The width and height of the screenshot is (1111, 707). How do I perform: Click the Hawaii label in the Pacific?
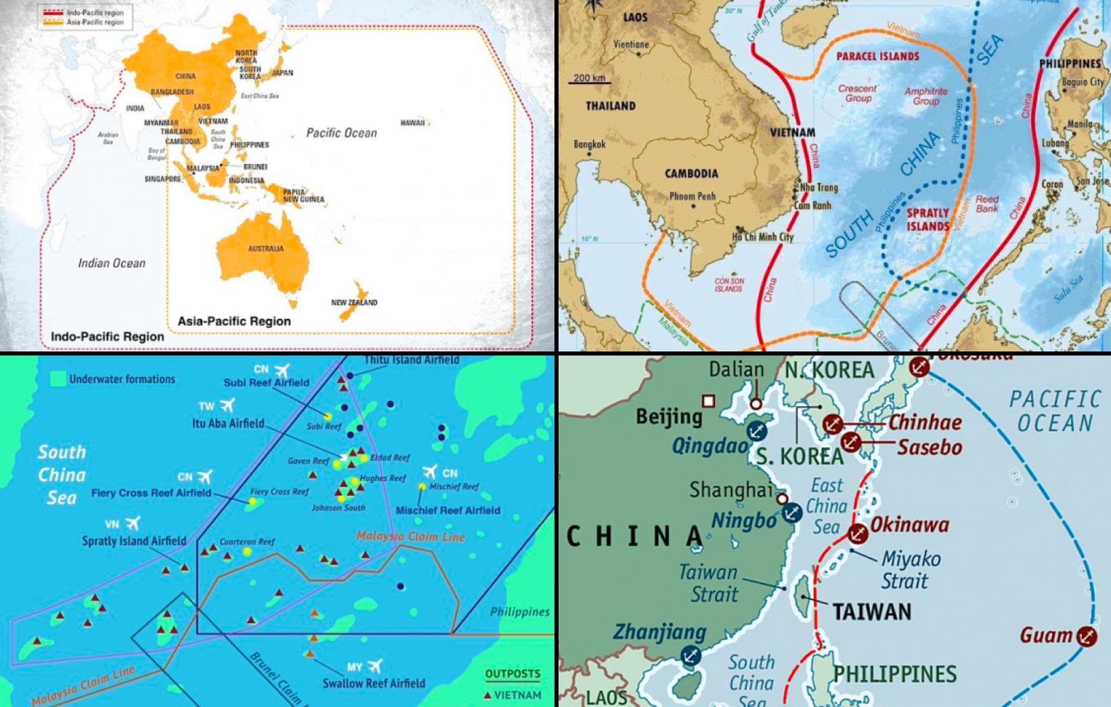click(412, 123)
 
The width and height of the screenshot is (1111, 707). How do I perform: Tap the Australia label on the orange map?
click(265, 249)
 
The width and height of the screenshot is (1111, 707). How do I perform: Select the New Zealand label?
click(354, 302)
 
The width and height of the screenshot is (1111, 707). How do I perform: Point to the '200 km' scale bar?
click(589, 79)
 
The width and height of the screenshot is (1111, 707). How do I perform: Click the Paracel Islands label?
click(877, 56)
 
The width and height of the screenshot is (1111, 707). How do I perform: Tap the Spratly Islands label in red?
click(928, 219)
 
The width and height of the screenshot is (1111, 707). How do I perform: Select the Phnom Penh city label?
click(692, 196)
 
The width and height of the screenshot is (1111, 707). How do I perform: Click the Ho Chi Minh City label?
click(762, 237)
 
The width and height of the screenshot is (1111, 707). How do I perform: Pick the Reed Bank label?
click(986, 204)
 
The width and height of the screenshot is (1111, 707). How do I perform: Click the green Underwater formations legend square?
click(58, 379)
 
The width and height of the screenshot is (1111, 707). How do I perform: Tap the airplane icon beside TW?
click(227, 405)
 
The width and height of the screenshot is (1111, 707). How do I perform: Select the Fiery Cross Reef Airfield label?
click(151, 493)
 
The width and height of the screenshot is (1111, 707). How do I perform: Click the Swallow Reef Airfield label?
click(374, 683)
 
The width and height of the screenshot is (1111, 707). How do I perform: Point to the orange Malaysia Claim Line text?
click(410, 536)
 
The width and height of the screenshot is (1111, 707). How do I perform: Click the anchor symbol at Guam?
click(1086, 636)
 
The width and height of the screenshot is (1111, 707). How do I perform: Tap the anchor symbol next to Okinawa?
click(858, 533)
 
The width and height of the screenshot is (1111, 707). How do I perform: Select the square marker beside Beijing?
click(708, 401)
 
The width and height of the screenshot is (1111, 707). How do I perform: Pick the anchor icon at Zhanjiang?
click(691, 656)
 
